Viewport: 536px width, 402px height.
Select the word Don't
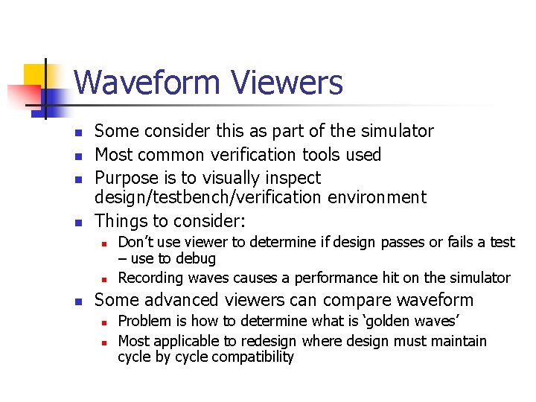tap(135, 242)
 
